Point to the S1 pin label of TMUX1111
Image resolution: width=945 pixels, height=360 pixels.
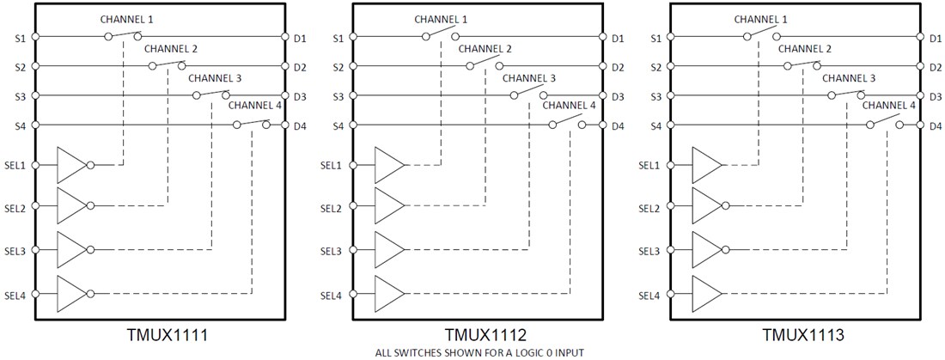[x=20, y=38]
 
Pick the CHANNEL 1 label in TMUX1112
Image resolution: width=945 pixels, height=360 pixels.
[x=441, y=19]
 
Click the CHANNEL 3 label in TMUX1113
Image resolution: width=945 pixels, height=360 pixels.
[x=849, y=78]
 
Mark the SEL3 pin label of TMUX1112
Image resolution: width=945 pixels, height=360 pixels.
[x=332, y=252]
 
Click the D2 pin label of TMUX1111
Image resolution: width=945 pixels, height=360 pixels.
[x=300, y=67]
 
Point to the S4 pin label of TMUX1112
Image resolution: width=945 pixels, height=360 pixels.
[x=337, y=126]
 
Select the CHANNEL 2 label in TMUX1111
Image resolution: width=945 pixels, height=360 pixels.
[x=171, y=49]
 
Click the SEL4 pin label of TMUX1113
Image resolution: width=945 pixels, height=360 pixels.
[x=649, y=296]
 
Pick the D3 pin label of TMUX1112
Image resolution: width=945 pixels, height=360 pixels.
[x=618, y=96]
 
